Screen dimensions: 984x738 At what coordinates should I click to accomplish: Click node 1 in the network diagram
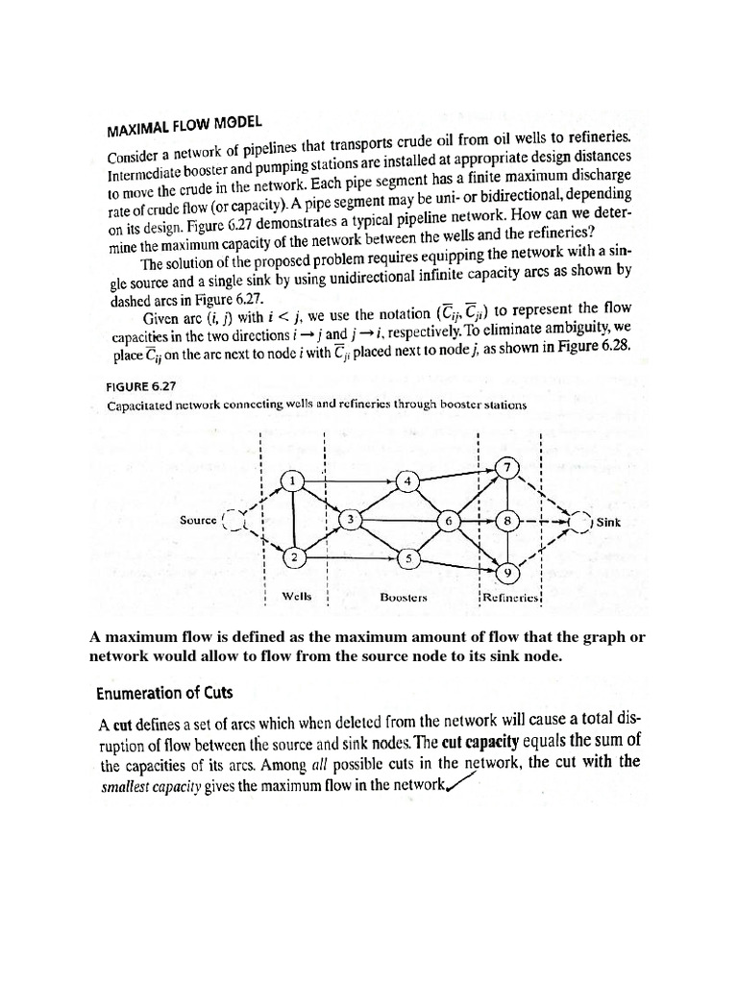(295, 480)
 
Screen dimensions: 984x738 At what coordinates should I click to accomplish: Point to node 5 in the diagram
(407, 557)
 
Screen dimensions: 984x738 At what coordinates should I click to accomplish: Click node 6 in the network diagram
(449, 520)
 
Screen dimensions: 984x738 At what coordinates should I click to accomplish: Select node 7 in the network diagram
(508, 468)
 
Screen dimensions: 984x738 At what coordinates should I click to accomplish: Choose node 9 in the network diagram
(508, 573)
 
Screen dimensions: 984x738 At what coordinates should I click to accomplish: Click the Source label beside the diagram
(198, 520)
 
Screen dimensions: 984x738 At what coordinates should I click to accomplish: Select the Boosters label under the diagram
(404, 597)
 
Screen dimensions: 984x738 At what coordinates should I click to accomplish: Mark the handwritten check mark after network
(461, 784)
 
